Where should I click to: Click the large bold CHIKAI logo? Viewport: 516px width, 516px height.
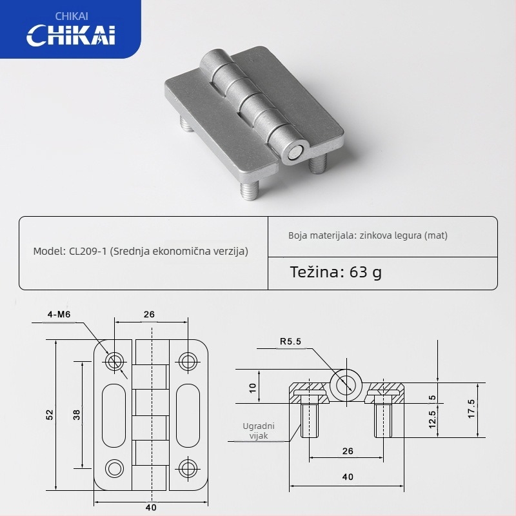(70, 35)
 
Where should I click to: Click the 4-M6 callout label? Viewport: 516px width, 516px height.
(59, 315)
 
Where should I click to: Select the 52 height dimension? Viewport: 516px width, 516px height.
(50, 416)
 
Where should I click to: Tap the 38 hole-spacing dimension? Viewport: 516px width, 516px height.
(76, 416)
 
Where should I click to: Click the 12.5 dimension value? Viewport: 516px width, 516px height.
(432, 420)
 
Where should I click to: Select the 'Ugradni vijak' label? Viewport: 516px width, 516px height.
(259, 431)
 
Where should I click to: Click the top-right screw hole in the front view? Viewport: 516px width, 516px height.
(188, 361)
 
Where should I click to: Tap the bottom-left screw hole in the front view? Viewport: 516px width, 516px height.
(115, 468)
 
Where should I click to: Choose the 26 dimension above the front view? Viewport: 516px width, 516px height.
(149, 315)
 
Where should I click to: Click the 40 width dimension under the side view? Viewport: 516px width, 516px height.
(348, 477)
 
